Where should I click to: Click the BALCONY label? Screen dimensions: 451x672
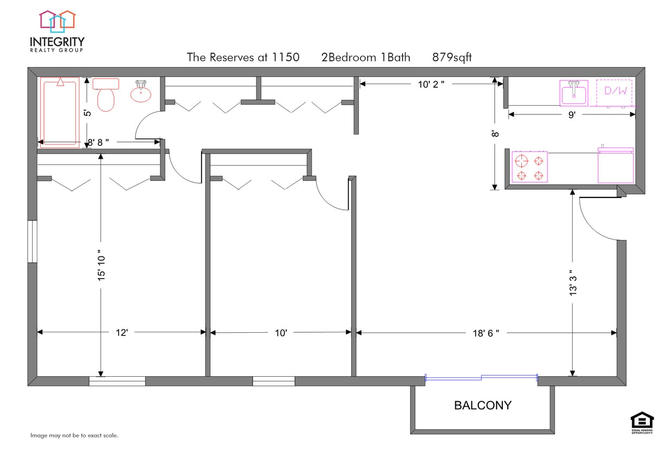point(482,405)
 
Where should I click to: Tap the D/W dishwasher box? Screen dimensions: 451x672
point(615,92)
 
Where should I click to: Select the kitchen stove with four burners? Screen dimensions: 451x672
point(529,167)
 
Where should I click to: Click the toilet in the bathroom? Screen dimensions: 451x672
point(106,95)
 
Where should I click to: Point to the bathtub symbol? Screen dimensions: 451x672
point(60,112)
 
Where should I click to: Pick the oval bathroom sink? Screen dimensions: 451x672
point(141,93)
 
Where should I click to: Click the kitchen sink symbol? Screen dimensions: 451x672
point(574,93)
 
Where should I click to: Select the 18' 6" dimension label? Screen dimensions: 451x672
point(486,333)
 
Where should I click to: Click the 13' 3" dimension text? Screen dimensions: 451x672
point(573,283)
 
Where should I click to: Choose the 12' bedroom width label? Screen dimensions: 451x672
point(121,333)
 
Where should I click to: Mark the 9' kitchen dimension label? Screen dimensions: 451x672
point(572,114)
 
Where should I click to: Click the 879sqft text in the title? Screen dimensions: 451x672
point(452,57)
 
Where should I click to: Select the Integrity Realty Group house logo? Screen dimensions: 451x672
point(57,22)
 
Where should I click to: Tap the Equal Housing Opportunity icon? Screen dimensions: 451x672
point(642,422)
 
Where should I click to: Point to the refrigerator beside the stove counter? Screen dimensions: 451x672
point(615,166)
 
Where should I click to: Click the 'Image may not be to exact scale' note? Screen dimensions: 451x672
point(74,435)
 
